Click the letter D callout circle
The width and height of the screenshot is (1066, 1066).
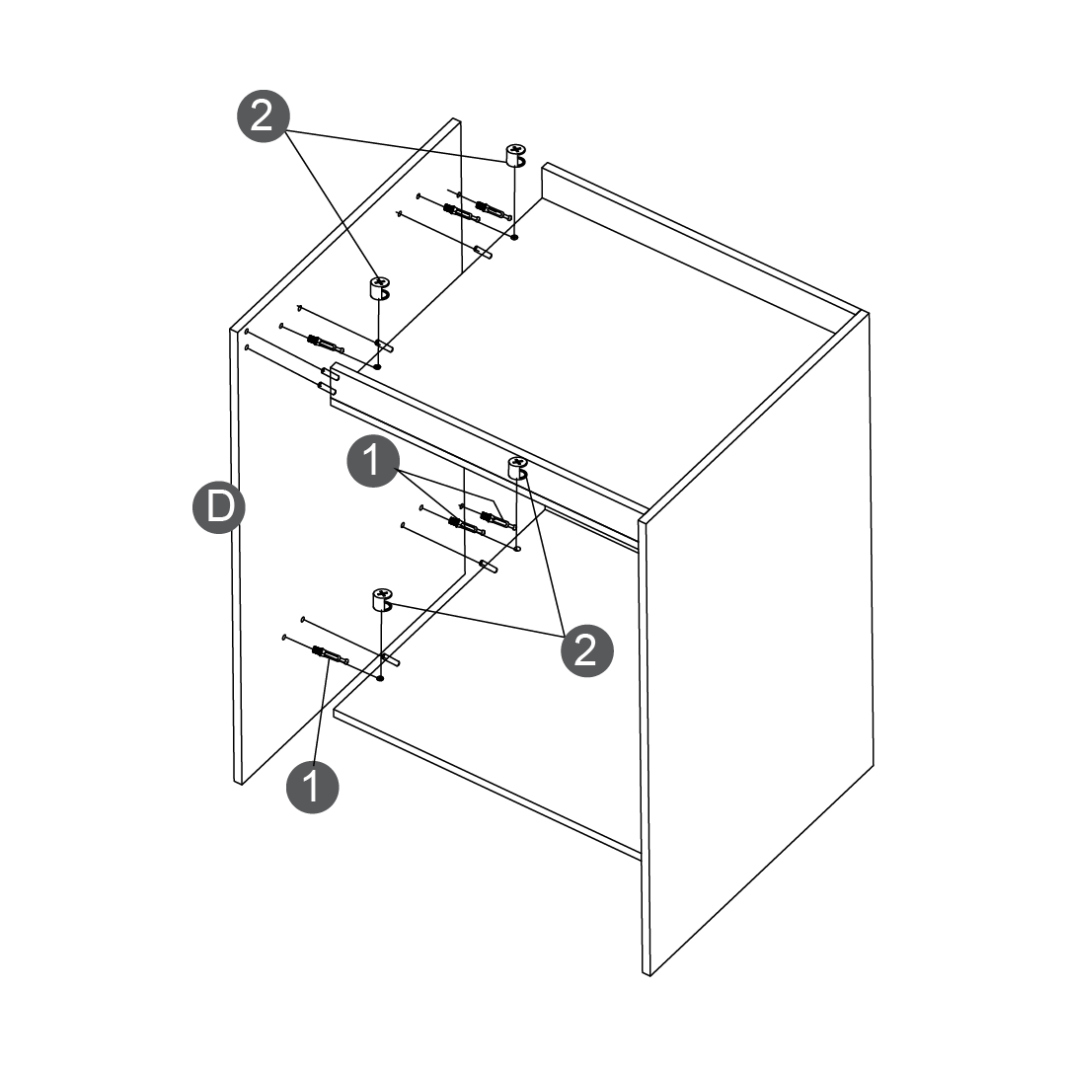point(219,507)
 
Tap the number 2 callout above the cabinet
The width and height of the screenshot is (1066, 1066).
point(264,116)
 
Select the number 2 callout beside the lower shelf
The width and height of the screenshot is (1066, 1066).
point(586,650)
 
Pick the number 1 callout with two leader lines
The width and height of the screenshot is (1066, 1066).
point(372,461)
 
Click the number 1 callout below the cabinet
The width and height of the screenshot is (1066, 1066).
point(312,787)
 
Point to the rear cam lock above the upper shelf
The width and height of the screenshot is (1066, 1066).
point(516,155)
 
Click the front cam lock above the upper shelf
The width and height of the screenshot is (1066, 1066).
point(380,287)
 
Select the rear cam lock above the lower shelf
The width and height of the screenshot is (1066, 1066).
point(518,468)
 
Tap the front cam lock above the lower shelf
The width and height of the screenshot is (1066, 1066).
point(383,599)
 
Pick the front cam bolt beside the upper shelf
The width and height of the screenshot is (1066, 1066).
point(324,344)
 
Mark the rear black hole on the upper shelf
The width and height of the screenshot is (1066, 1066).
point(514,237)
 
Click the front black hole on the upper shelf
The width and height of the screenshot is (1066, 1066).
point(378,367)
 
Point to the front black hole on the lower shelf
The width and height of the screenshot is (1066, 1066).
point(380,678)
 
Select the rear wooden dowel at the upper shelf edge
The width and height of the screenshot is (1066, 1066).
point(484,252)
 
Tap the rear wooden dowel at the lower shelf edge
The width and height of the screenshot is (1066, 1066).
point(489,566)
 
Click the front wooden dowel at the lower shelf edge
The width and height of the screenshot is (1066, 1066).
point(390,658)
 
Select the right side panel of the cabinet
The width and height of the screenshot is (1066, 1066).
point(756,643)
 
